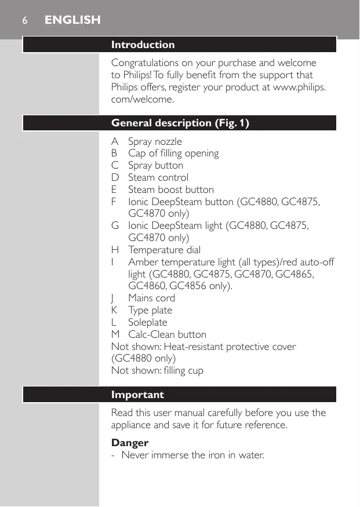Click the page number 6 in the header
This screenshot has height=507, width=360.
point(24,20)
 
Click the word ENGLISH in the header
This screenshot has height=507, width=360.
point(72,20)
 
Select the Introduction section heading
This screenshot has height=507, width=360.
point(143,45)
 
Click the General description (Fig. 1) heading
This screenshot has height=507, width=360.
point(180,123)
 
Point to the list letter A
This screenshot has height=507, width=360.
point(115,141)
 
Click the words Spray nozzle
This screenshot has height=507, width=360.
point(155,141)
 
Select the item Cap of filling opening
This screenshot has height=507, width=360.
point(173,154)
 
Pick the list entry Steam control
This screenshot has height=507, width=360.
point(158,177)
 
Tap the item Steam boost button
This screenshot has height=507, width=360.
point(171,189)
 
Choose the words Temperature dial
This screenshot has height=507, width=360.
point(165,250)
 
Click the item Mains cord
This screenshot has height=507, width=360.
point(151,298)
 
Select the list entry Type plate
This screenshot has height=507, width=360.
point(150,310)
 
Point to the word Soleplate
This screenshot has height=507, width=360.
point(147,322)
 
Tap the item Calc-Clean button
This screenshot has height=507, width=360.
point(167,334)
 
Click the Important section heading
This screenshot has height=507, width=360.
point(137,395)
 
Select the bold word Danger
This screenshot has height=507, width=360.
point(130,443)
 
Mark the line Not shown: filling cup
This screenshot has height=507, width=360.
point(157,370)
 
